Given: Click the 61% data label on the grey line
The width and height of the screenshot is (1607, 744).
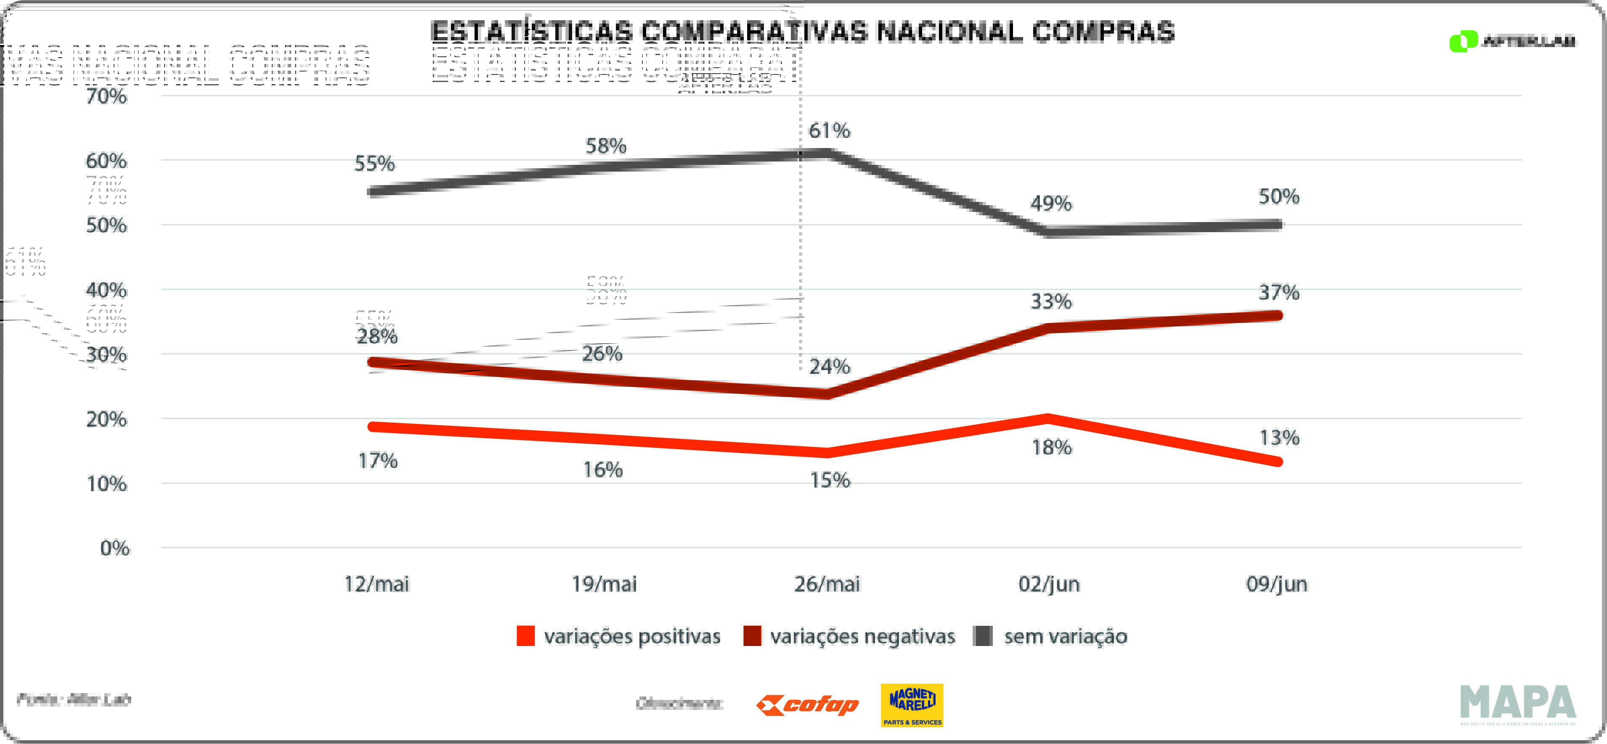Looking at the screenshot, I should [829, 131].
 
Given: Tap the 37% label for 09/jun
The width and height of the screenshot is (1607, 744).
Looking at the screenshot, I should [1279, 292].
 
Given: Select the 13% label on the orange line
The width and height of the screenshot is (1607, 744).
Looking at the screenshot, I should [1279, 438].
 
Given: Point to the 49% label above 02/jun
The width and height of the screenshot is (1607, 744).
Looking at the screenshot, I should [1051, 203].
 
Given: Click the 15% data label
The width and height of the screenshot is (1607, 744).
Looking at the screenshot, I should [830, 480].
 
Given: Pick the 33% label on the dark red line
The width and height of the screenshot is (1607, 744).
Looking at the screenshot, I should [1051, 302].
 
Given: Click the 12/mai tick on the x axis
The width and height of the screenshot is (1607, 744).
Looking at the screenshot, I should [377, 584].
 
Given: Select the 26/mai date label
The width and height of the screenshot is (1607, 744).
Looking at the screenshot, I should [827, 584].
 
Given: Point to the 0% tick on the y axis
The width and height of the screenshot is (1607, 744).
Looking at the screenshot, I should [115, 548].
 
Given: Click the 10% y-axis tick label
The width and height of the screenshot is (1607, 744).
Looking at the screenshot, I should [107, 484].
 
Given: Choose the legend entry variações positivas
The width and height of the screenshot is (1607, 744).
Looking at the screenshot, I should [631, 636].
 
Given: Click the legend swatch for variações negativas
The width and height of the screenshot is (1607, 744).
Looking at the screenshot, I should [752, 636].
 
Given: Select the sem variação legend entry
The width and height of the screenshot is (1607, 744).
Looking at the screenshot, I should [1065, 636].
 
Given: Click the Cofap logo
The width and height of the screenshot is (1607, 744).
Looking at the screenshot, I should [807, 705].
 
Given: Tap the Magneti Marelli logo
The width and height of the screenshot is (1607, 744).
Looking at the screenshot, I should [912, 705].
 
